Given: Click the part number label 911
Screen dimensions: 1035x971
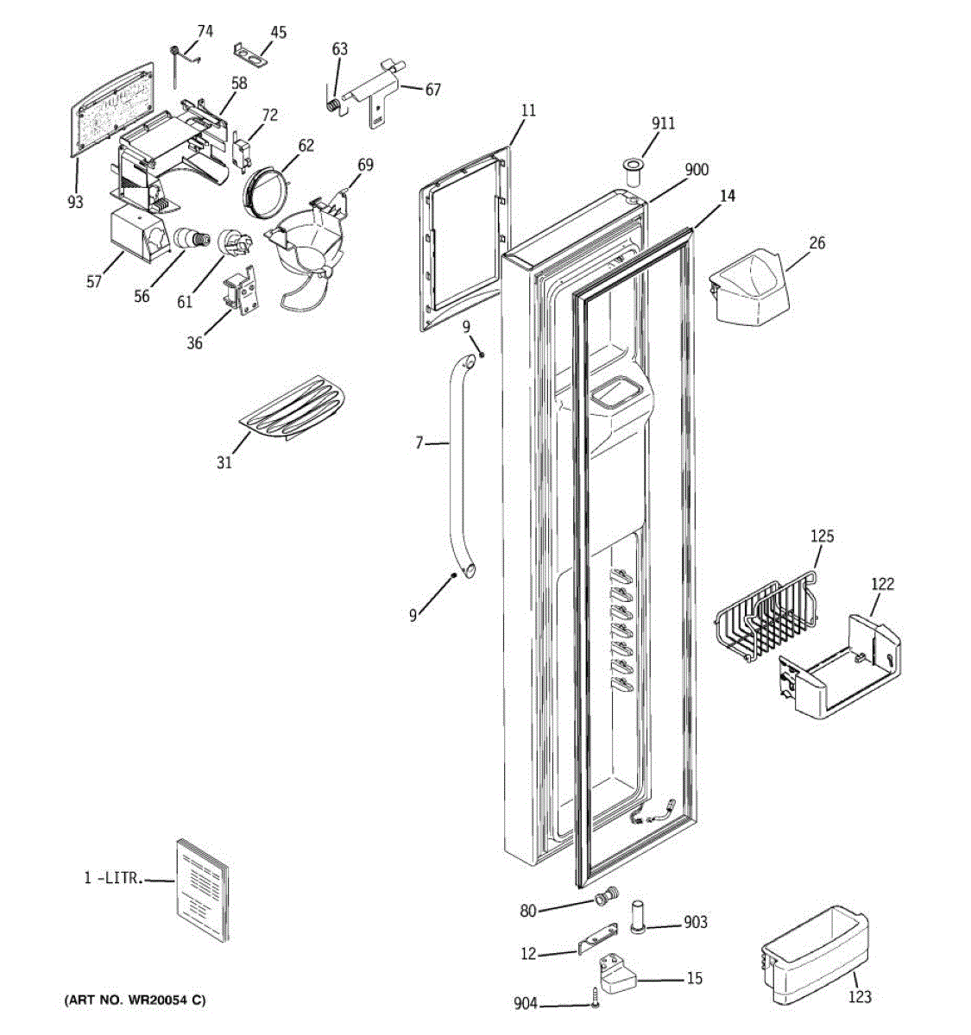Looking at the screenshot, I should (663, 123).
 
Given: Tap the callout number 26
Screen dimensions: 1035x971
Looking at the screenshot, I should (817, 242).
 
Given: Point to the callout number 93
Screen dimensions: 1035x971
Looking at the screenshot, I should (75, 202).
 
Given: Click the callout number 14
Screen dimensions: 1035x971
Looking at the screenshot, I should (728, 196).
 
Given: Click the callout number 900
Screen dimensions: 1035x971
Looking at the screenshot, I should (697, 170).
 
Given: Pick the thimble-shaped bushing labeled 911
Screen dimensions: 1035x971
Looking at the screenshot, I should (633, 172).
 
